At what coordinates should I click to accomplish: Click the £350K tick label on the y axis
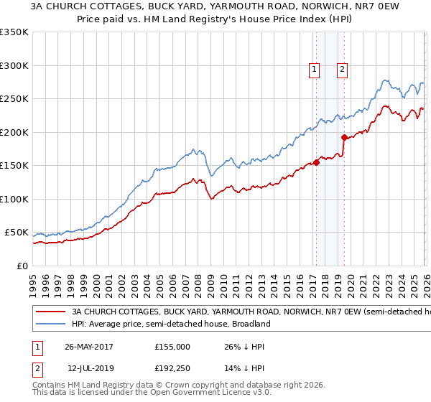point(14,32)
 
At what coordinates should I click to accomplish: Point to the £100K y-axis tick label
point(14,199)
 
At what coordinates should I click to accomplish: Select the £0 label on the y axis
point(22,266)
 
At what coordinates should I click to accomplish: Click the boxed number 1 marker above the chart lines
point(315,70)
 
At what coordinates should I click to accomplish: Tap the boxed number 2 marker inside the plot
point(342,70)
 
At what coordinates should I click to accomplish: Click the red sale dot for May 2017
point(316,162)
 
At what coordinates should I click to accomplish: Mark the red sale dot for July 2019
point(344,137)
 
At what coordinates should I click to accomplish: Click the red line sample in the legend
point(50,312)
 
